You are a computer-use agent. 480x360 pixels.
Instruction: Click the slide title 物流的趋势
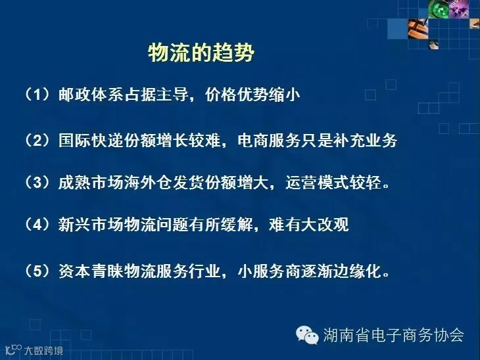[201, 53]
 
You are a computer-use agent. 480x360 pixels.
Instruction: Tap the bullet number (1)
[37, 94]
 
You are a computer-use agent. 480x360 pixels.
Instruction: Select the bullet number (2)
[37, 141]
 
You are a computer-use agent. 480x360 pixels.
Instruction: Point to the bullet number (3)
[37, 182]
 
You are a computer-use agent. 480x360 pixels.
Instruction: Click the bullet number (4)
[37, 224]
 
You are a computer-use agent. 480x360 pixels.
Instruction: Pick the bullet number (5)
[37, 271]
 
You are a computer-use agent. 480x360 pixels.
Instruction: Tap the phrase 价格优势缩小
[252, 94]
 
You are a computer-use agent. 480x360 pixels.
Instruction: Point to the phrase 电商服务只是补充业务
[318, 141]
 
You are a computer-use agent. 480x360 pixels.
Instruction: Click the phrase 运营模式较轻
[333, 182]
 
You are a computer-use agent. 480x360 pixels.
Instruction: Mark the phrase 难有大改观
[309, 224]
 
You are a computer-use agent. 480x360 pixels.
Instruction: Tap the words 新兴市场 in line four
[91, 224]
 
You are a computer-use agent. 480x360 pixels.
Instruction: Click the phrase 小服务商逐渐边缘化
[309, 271]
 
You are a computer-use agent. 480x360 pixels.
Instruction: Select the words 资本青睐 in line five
[91, 271]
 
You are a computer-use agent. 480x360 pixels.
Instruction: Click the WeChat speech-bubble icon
[307, 335]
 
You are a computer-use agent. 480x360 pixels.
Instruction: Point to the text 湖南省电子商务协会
[394, 334]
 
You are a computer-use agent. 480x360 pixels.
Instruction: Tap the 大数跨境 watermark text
[43, 350]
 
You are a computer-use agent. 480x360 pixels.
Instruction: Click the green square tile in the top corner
[439, 9]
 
